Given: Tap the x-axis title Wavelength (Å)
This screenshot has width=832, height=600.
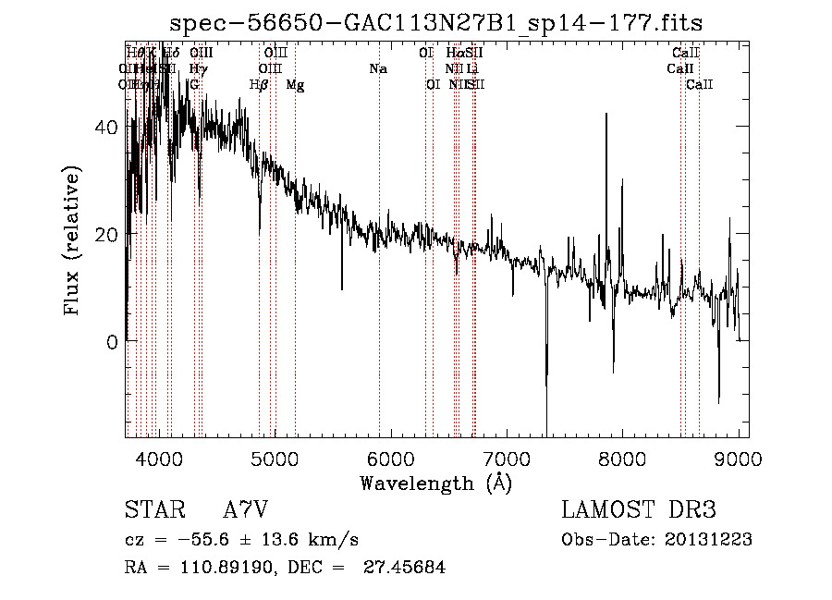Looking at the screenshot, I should pyautogui.click(x=435, y=483).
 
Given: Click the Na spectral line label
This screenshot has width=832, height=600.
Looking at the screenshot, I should pyautogui.click(x=377, y=68).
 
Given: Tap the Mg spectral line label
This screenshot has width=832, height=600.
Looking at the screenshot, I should pyautogui.click(x=295, y=85).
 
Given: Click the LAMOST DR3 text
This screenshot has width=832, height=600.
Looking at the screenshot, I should pyautogui.click(x=639, y=511).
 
